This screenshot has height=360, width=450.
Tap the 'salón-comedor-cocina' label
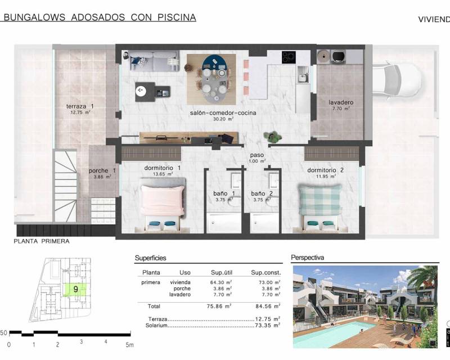(223, 112)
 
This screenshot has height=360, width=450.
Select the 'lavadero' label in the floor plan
(341, 102)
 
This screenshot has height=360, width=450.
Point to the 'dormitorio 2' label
(325, 170)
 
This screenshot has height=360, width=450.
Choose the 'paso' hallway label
(257, 156)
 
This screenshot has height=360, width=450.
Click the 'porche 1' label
(102, 171)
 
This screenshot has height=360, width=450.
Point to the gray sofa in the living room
(155, 61)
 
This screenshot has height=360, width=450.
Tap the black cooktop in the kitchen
(289, 57)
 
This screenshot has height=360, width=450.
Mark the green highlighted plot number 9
(75, 289)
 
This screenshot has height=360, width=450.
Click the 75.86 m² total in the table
(217, 307)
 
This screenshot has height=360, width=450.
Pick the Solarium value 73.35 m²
(264, 325)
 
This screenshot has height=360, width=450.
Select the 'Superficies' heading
(150, 258)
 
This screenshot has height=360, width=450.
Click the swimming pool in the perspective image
(343, 333)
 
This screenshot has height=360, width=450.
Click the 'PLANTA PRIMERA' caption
(42, 241)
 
